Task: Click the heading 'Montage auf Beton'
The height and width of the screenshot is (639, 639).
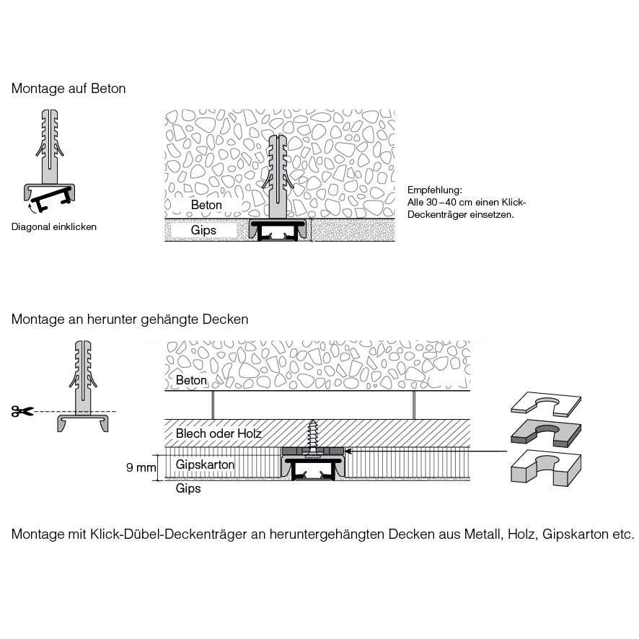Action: click(x=69, y=89)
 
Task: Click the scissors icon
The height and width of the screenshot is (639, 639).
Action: click(x=22, y=411)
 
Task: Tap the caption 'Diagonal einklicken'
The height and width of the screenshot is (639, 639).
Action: click(x=54, y=226)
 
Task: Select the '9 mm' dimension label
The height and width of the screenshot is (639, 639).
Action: click(x=141, y=468)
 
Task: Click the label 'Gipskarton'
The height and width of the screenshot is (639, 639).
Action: click(x=206, y=465)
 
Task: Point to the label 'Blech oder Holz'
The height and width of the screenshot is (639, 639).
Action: click(x=219, y=434)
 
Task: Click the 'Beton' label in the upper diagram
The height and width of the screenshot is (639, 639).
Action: click(x=206, y=205)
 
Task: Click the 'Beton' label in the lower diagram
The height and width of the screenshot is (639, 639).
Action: click(x=191, y=380)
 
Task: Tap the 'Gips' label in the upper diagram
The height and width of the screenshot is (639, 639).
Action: click(x=203, y=231)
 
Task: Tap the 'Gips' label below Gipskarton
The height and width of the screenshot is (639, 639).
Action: click(x=188, y=488)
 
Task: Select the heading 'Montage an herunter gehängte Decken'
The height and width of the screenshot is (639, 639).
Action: click(x=130, y=319)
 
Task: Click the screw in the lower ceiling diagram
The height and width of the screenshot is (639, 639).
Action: click(x=314, y=437)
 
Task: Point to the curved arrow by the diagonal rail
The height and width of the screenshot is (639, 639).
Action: click(x=30, y=208)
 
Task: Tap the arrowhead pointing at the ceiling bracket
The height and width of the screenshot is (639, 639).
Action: click(x=349, y=451)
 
